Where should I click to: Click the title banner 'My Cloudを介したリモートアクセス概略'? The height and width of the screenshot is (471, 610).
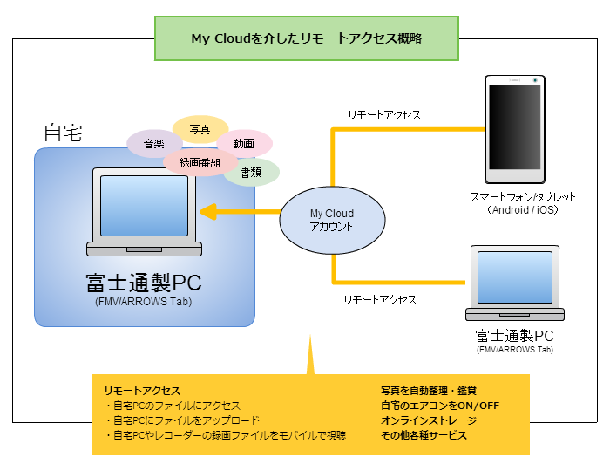pyautogui.click(x=306, y=38)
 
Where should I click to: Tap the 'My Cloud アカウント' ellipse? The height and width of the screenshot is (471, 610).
pyautogui.click(x=332, y=220)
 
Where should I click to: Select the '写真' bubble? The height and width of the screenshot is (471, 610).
pyautogui.click(x=200, y=129)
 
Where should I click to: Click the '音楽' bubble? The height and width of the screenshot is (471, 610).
pyautogui.click(x=154, y=143)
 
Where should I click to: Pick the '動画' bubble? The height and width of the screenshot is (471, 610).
pyautogui.click(x=243, y=143)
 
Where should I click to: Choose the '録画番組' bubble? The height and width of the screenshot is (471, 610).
pyautogui.click(x=200, y=162)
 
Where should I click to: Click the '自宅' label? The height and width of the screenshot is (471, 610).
pyautogui.click(x=63, y=133)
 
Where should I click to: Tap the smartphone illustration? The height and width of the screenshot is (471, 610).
pyautogui.click(x=516, y=129)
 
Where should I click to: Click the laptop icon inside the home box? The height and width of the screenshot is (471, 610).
pyautogui.click(x=144, y=213)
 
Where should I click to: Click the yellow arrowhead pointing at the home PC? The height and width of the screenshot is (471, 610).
pyautogui.click(x=207, y=212)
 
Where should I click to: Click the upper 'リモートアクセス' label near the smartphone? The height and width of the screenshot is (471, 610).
pyautogui.click(x=383, y=115)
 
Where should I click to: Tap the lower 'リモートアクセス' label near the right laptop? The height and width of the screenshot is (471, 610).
pyautogui.click(x=379, y=299)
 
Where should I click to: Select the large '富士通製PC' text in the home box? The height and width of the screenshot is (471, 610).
pyautogui.click(x=144, y=283)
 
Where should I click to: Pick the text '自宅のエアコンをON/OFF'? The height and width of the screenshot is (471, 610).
pyautogui.click(x=439, y=406)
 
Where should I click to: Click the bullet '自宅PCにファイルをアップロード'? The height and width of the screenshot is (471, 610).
pyautogui.click(x=181, y=420)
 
